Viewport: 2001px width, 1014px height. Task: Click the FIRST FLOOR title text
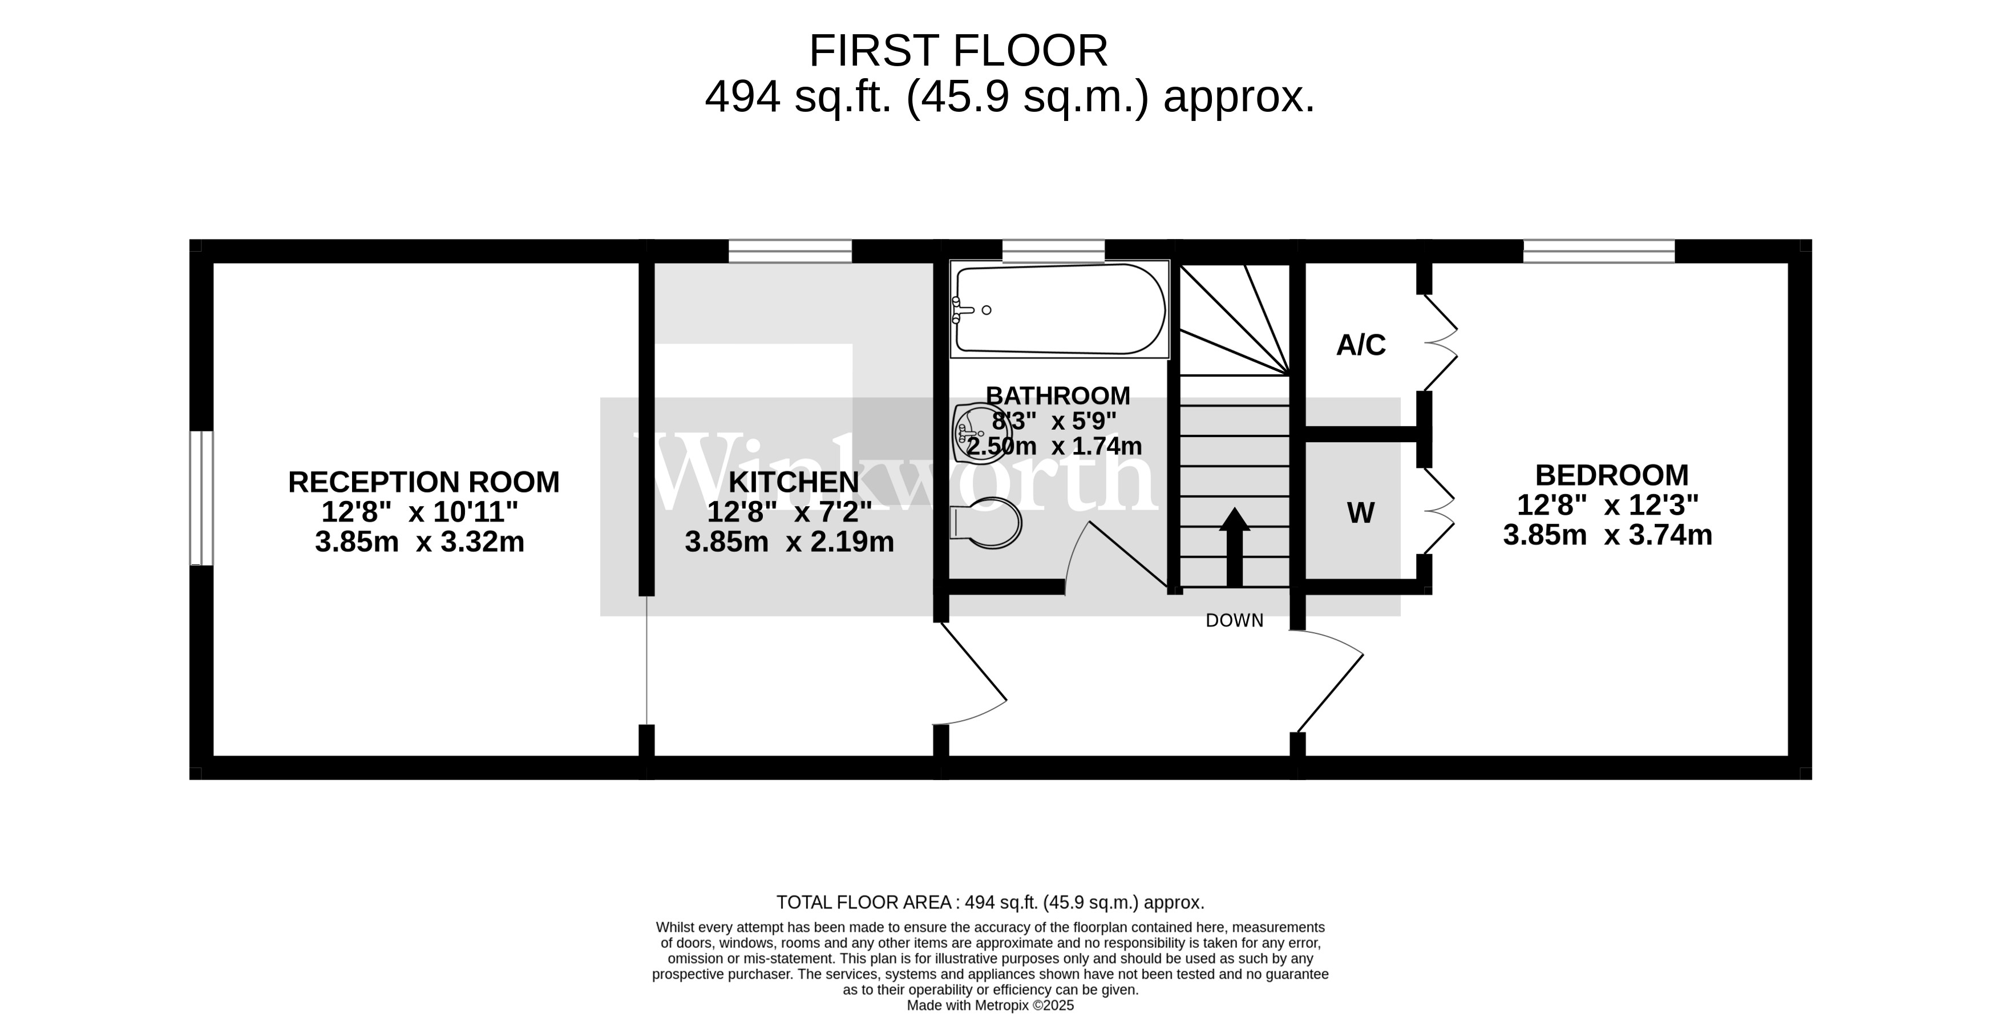pos(958,51)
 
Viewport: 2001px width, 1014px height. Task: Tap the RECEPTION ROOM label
pos(423,482)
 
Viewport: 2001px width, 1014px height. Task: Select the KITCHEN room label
pos(794,482)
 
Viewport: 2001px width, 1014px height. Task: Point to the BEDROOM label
pos(1611,475)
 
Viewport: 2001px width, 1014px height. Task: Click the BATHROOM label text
pos(1057,395)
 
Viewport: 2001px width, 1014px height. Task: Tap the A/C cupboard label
pos(1360,345)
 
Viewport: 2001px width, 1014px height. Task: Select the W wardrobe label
pos(1360,513)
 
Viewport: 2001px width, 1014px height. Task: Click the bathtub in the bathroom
pos(1060,309)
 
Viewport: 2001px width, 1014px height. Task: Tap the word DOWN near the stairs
pos(1234,620)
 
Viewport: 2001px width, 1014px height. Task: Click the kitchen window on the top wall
pos(790,251)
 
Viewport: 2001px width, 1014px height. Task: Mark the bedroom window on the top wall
pos(1599,251)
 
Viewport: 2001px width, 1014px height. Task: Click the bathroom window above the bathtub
pos(1053,251)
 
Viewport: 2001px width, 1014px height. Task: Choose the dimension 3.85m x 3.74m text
pos(1607,535)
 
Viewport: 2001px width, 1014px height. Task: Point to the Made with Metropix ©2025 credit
pos(991,1005)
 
